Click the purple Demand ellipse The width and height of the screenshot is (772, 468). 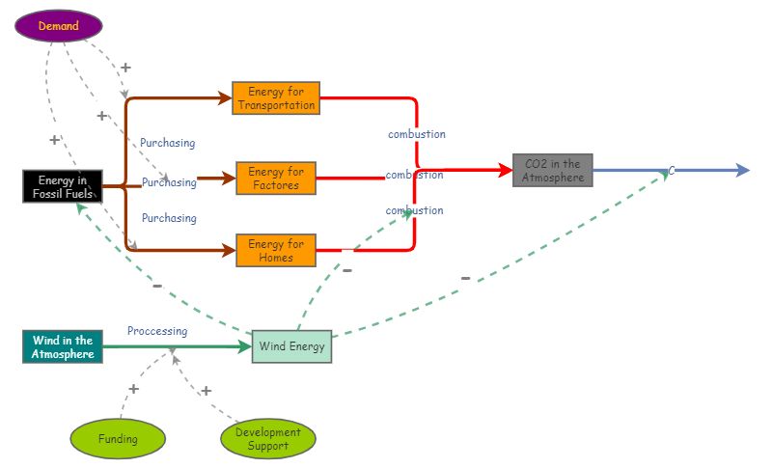[59, 26]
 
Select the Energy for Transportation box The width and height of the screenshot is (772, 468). [276, 98]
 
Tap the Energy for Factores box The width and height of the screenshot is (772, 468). [276, 179]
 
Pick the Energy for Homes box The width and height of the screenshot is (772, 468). [276, 250]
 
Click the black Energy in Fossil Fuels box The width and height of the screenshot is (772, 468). [63, 186]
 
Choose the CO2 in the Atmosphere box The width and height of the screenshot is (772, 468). [553, 171]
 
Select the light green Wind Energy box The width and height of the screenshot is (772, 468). [292, 345]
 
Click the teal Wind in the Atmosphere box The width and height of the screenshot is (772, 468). [63, 346]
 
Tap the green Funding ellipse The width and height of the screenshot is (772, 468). [118, 439]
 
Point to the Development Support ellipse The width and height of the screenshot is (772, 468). [267, 439]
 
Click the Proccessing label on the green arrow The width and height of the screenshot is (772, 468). [157, 331]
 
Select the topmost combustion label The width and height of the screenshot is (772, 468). [417, 134]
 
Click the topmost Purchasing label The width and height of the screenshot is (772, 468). [168, 143]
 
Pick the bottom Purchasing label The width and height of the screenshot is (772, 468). [169, 218]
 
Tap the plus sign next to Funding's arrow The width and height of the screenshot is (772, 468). [133, 389]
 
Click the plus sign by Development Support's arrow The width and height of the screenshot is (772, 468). [206, 391]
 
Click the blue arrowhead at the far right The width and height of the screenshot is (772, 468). [742, 171]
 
